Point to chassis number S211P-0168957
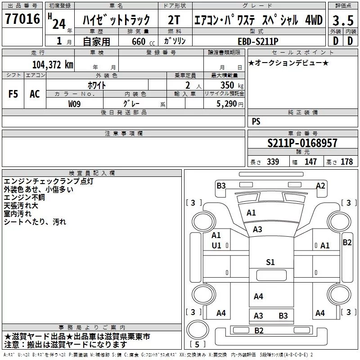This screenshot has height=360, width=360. (x=302, y=143)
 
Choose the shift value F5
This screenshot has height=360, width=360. (x=13, y=94)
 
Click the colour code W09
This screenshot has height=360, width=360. (x=75, y=104)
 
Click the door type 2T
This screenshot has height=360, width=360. (x=174, y=20)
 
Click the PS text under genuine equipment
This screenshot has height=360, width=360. (x=256, y=121)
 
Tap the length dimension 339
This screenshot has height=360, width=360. (x=273, y=162)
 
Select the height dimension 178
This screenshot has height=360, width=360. (x=346, y=162)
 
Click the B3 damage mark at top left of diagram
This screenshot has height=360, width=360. (x=220, y=185)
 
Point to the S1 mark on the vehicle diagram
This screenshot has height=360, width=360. (x=270, y=262)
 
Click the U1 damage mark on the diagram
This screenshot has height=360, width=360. (x=216, y=245)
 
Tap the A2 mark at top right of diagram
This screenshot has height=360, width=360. (x=320, y=185)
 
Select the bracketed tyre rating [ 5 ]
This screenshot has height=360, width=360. (x=196, y=345)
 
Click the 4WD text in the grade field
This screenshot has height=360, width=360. (x=314, y=20)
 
